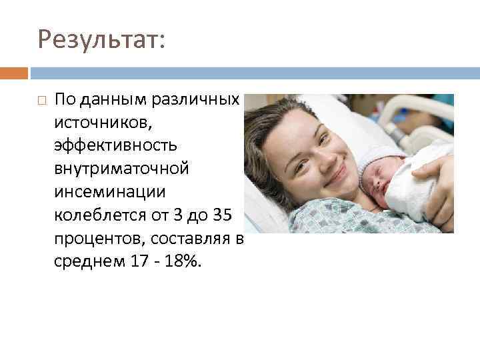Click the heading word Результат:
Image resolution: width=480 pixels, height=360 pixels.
[x=101, y=39]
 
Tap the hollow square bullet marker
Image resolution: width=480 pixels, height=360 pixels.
[x=42, y=101]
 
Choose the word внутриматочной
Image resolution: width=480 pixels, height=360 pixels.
[x=122, y=169]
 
